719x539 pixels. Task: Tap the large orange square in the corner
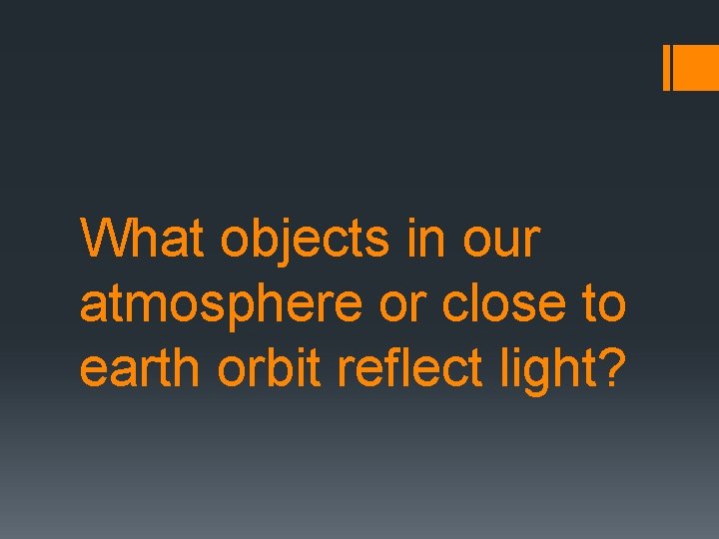click(x=697, y=67)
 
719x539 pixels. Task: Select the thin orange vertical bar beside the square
click(x=667, y=67)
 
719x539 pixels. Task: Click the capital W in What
click(x=104, y=240)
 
